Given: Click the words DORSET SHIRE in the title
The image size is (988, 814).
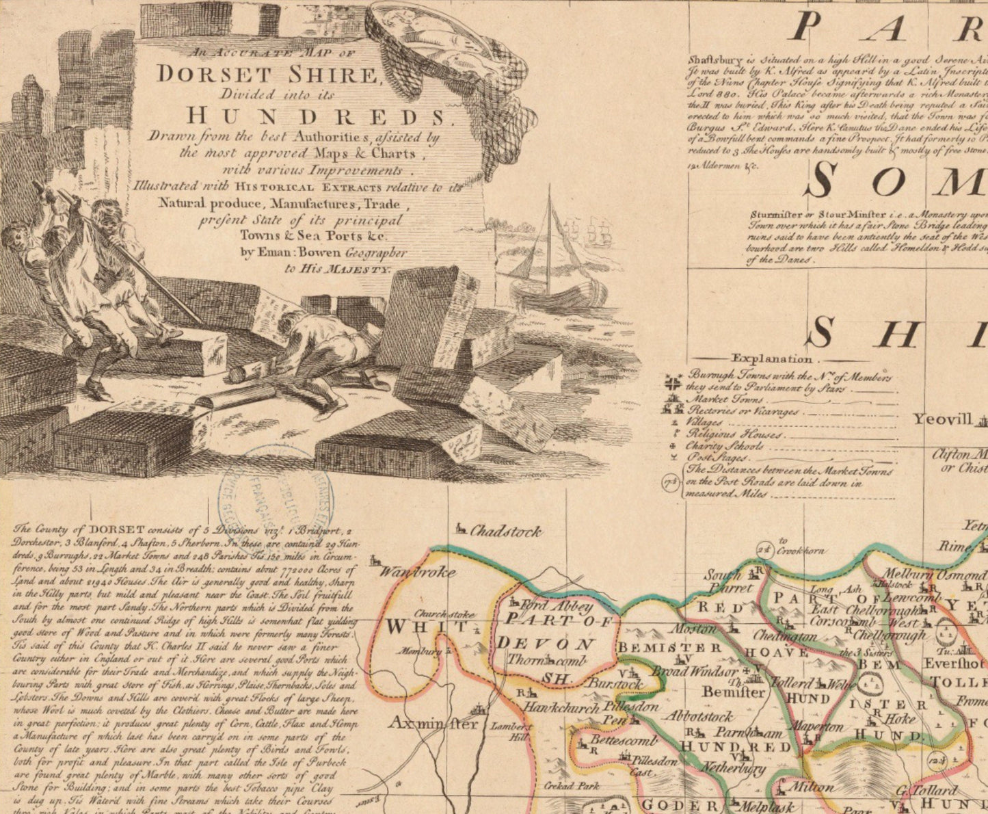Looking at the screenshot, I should coord(268,74).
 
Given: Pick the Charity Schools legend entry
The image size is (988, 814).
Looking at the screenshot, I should coord(725,446).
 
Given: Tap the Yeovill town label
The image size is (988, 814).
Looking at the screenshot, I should coord(943,419).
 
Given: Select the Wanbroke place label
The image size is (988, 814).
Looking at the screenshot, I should coord(417,572).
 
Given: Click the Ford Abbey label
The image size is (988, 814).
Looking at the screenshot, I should coord(557,605).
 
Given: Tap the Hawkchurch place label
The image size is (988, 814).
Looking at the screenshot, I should coord(563,708).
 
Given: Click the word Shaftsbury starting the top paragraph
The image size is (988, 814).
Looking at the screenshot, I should coord(717,59).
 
